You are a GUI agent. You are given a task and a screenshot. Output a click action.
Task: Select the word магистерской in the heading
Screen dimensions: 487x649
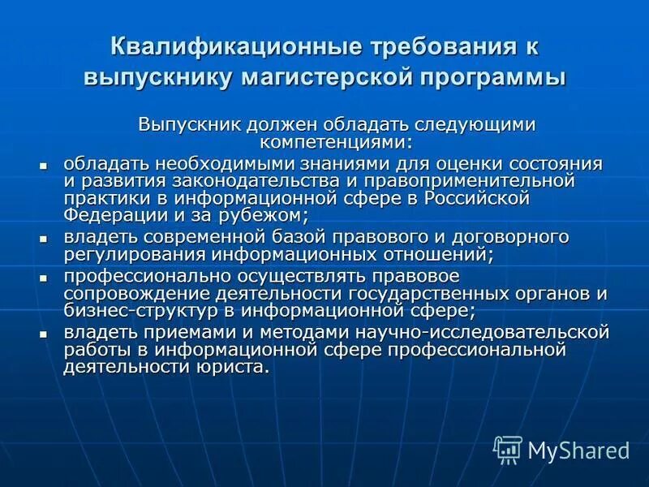click(x=326, y=79)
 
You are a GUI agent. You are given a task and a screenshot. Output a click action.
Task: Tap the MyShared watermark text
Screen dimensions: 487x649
click(x=578, y=450)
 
